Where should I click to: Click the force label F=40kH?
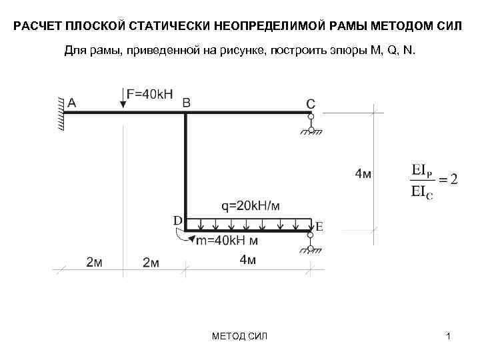click(x=153, y=94)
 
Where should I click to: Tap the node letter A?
click(x=72, y=102)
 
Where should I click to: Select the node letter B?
click(x=186, y=102)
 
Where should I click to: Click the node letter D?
click(x=178, y=219)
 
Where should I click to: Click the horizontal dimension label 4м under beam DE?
click(x=247, y=260)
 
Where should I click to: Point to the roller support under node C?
click(x=311, y=125)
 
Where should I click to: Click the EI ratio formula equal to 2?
click(x=431, y=181)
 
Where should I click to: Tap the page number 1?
click(x=449, y=335)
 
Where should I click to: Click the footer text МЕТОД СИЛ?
click(x=238, y=335)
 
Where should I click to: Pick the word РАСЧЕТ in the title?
click(x=37, y=28)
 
